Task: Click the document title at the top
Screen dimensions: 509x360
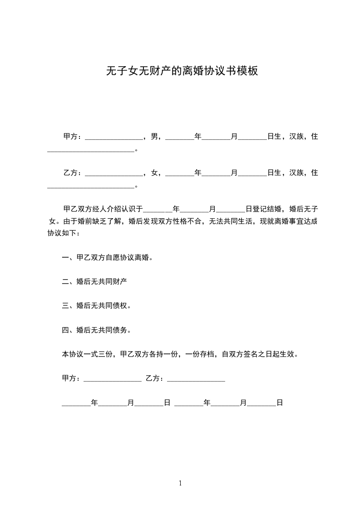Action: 182,71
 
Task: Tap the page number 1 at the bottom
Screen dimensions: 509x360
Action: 180,483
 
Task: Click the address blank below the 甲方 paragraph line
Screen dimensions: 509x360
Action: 91,150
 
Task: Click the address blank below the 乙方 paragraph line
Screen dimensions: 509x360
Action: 91,186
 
